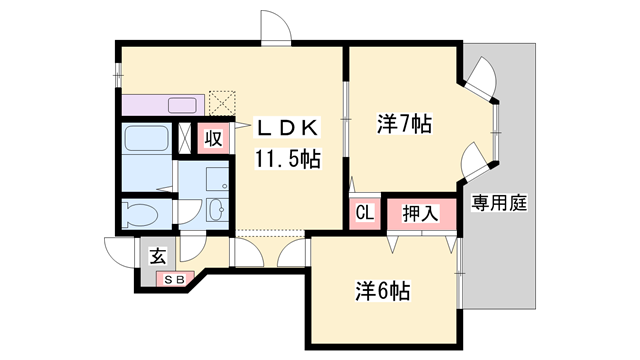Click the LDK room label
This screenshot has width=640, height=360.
(x=289, y=127)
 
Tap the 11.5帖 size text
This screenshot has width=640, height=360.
(x=287, y=158)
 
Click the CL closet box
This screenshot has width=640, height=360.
(x=364, y=212)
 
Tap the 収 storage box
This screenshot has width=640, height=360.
(x=213, y=139)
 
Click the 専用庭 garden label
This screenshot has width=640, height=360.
(x=500, y=204)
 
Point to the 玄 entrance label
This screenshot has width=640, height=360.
(x=158, y=256)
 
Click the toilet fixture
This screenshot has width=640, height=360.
(x=141, y=214)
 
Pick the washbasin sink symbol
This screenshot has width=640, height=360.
(x=216, y=212)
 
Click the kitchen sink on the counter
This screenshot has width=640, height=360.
(x=183, y=104)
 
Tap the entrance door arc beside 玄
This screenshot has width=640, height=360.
(x=118, y=252)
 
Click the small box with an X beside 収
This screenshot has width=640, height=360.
(x=186, y=139)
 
